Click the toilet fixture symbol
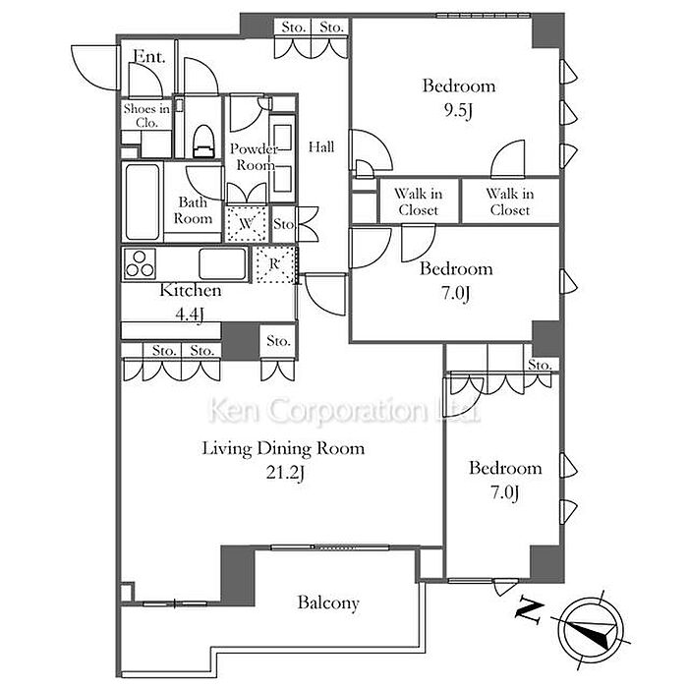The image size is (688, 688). (x=204, y=141)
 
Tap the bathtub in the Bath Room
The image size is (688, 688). (x=143, y=201)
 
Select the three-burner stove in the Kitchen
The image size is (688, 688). (x=141, y=263)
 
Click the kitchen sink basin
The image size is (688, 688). (x=223, y=263)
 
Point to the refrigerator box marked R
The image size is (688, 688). (x=274, y=264)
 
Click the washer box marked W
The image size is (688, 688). (x=246, y=224)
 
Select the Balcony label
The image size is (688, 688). (x=328, y=602)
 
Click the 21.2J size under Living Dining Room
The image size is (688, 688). (x=285, y=472)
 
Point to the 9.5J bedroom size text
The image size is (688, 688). (x=458, y=110)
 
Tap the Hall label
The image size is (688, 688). (x=321, y=146)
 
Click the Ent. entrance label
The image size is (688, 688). (x=149, y=57)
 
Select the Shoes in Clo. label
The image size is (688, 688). (x=146, y=115)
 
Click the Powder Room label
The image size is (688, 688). (x=255, y=156)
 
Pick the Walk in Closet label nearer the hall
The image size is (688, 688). (x=418, y=201)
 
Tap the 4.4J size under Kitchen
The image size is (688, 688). (x=190, y=314)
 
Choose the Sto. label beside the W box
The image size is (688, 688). (x=283, y=224)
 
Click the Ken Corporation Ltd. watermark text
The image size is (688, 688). (x=343, y=411)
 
